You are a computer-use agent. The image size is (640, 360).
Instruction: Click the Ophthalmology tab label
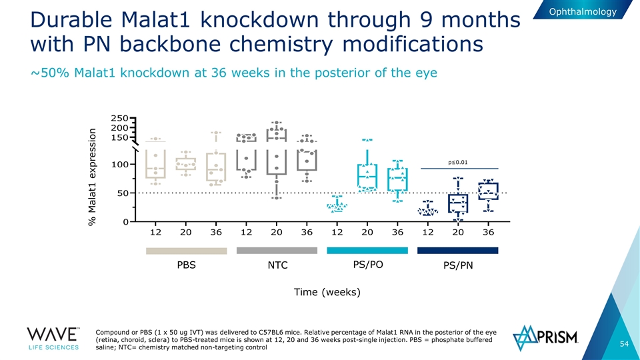point(583,12)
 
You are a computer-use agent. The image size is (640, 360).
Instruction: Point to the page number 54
point(624,343)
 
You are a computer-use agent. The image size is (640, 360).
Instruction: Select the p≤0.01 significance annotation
point(458,161)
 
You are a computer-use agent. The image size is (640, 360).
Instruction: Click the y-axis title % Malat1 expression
point(94,176)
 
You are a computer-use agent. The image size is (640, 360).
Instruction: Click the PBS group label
point(186,265)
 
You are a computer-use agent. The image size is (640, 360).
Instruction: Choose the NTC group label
point(277,265)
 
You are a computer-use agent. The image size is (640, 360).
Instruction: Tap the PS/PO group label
point(367,265)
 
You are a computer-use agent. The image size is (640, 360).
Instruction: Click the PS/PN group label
point(458,265)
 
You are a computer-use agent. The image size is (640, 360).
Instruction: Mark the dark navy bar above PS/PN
point(458,251)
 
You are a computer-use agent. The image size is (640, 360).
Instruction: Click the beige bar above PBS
point(186,251)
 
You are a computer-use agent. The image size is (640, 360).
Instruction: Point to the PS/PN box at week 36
point(489,191)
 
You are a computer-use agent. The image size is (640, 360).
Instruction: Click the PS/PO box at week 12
point(337,206)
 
